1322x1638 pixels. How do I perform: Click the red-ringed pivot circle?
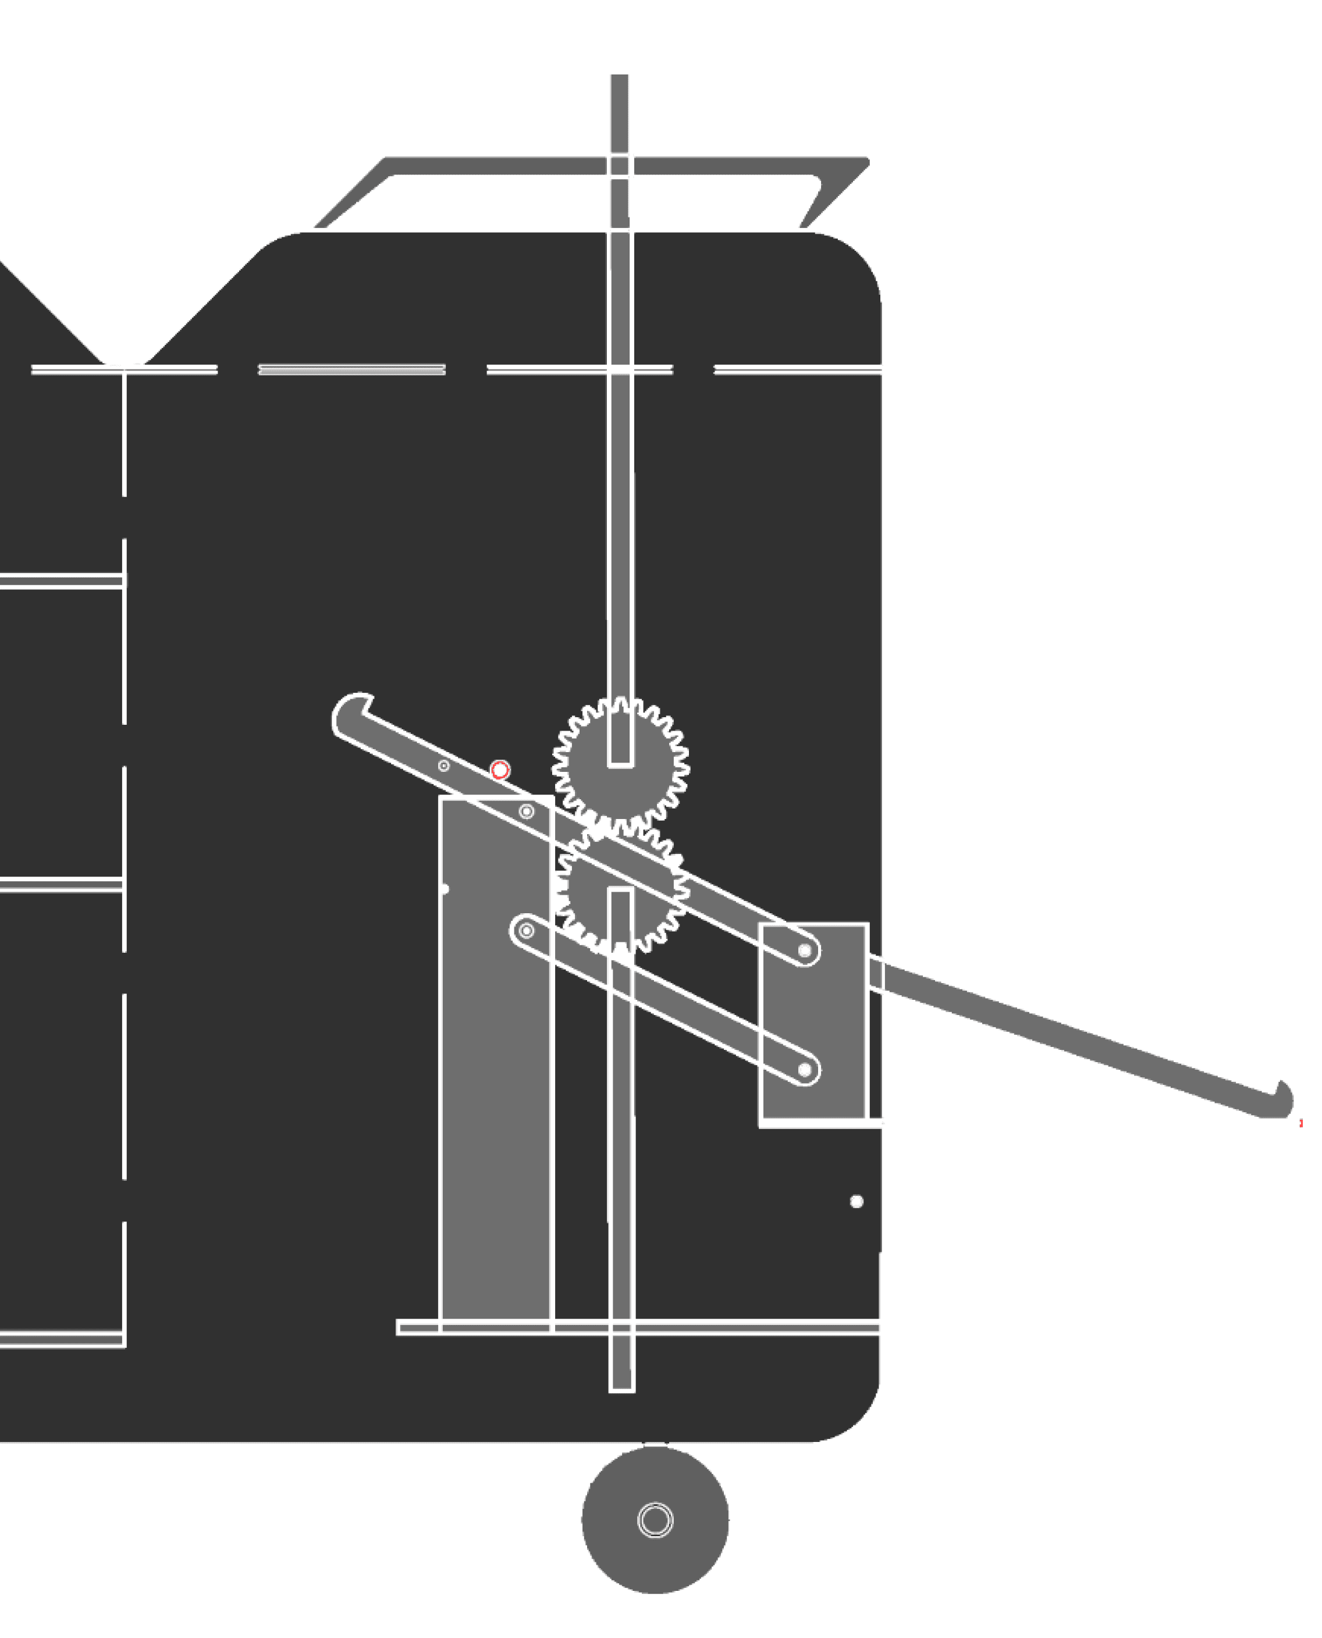coord(500,770)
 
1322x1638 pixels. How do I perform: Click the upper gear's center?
coord(621,763)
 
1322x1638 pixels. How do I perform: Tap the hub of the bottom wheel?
coord(655,1520)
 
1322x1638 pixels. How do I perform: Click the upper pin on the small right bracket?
coord(805,950)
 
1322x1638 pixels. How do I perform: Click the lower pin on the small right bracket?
coord(805,1070)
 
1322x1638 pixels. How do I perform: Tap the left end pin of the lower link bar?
coord(526,930)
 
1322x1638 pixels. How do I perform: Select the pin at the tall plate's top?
coord(526,811)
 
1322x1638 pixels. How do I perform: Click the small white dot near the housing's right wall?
coord(856,1201)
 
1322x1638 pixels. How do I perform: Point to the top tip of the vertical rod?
coord(620,73)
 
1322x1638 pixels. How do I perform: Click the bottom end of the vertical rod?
coord(621,1387)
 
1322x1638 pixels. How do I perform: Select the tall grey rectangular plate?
coord(495,1066)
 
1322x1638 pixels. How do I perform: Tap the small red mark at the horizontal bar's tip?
coord(1300,1123)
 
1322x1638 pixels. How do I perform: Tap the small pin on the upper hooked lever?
coord(444,765)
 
